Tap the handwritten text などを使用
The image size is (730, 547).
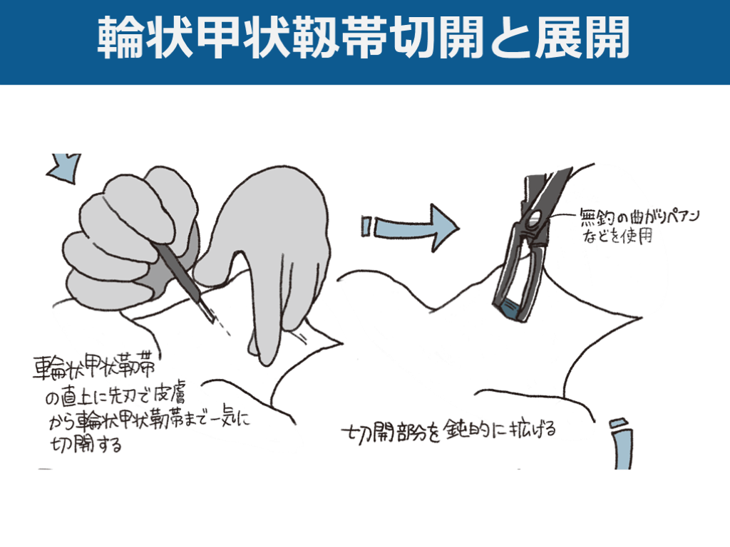620,236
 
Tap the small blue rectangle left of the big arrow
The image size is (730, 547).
366,226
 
